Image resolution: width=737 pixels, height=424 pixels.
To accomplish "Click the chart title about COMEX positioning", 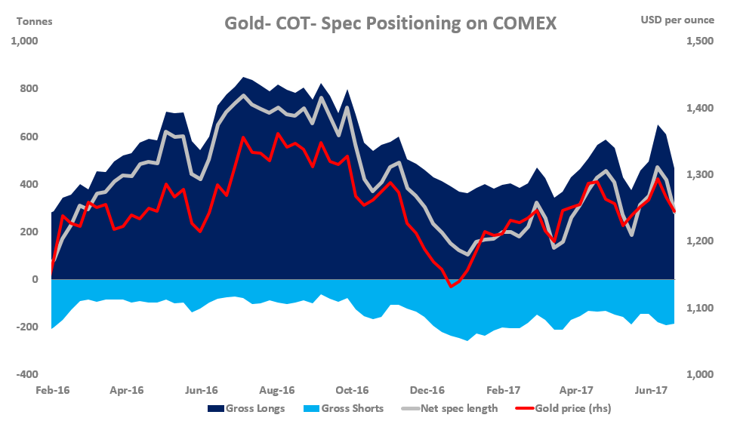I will tap(390, 23).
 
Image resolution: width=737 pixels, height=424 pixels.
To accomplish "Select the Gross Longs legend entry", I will tap(246, 408).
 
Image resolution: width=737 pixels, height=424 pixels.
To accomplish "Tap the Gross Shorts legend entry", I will tap(343, 408).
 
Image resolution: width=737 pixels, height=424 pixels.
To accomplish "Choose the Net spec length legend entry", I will tap(451, 408).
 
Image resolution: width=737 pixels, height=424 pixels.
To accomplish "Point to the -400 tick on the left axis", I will tap(29, 374).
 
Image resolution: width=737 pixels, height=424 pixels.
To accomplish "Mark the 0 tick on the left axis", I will tap(35, 279).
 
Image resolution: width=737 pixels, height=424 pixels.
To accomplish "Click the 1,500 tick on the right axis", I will tap(699, 41).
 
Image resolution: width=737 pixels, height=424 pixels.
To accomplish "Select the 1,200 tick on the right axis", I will tap(699, 241).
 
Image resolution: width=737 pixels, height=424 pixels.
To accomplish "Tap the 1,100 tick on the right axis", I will tap(699, 308).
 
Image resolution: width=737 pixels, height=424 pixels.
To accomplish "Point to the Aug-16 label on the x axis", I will tap(277, 391).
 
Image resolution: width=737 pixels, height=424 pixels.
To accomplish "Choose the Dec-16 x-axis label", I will tap(427, 391).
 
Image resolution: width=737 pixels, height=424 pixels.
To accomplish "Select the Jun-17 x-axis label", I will tap(652, 391).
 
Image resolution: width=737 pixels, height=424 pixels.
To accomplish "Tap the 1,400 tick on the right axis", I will tap(699, 109).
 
